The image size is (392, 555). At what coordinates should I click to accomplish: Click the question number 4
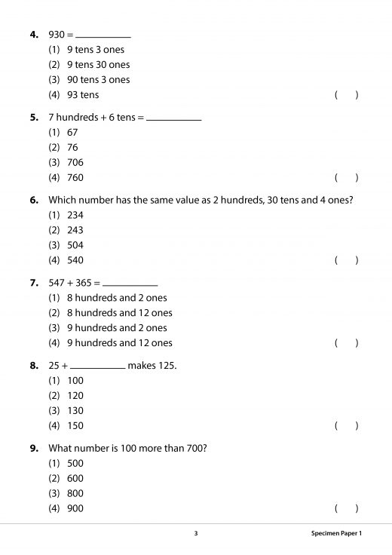pos(33,35)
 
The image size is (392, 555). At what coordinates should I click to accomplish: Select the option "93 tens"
pos(82,95)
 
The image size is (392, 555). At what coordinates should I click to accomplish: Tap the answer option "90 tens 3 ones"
pos(98,80)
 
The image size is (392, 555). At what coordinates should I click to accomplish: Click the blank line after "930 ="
pos(103,37)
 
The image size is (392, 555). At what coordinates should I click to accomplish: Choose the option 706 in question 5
pos(75,163)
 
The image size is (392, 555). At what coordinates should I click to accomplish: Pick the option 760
pos(75,178)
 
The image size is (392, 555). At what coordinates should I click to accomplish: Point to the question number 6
pos(33,200)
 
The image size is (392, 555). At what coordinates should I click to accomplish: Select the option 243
pos(75,230)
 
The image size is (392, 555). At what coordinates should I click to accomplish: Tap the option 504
pos(75,245)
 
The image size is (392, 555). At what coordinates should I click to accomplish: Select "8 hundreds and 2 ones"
pos(116,298)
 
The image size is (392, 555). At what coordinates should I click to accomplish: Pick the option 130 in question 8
pos(75,410)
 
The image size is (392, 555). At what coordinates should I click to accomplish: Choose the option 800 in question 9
pos(75,493)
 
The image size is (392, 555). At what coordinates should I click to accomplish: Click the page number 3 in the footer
pos(195,534)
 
